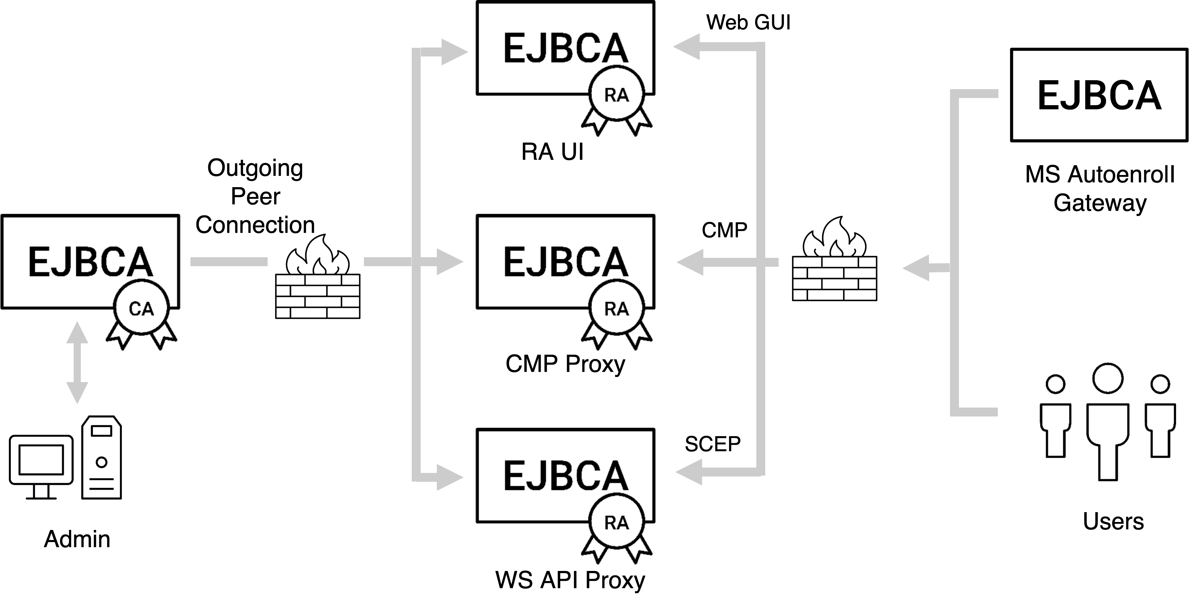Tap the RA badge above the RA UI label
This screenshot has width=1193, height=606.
(x=616, y=95)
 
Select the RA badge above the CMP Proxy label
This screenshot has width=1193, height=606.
(x=616, y=309)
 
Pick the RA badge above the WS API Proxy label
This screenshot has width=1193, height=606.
(x=616, y=523)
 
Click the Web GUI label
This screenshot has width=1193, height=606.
(x=748, y=22)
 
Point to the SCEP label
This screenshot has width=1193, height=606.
(x=712, y=444)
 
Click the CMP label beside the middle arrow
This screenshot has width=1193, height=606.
(x=724, y=230)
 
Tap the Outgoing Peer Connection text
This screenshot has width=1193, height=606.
(x=255, y=197)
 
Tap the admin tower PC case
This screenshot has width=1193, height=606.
(x=101, y=457)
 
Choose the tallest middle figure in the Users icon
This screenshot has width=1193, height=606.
(x=1108, y=421)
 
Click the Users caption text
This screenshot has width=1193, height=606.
(x=1113, y=522)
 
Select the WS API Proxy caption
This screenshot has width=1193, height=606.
(x=570, y=580)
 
